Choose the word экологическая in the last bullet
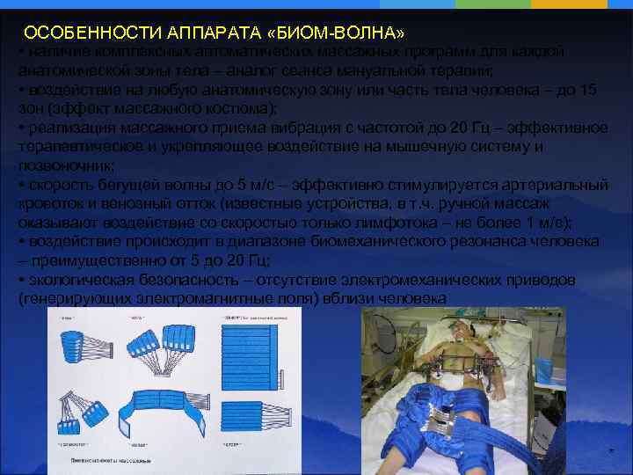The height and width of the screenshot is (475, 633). [80, 280]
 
